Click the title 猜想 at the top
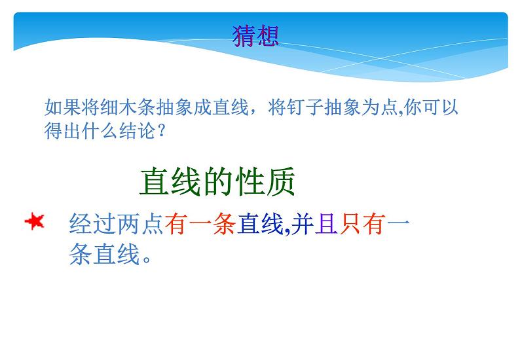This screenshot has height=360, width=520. pos(255,35)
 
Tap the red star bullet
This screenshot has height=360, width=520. pos(33,223)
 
